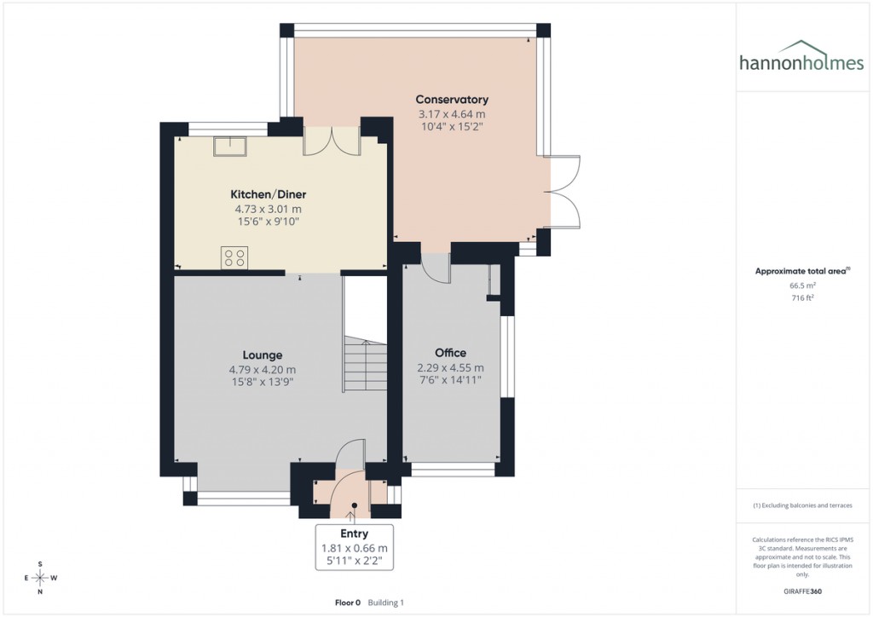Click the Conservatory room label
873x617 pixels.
pyautogui.click(x=452, y=100)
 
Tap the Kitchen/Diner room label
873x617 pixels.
pyautogui.click(x=269, y=194)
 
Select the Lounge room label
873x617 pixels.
pyautogui.click(x=262, y=355)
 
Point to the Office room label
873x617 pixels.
pyautogui.click(x=450, y=353)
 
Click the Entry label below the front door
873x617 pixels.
pyautogui.click(x=354, y=534)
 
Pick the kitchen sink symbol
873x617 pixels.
pyautogui.click(x=229, y=147)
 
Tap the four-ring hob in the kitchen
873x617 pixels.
pyautogui.click(x=234, y=257)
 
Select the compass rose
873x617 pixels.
pyautogui.click(x=40, y=578)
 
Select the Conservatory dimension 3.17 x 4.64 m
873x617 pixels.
pyautogui.click(x=452, y=114)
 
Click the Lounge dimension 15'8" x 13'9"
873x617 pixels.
pyautogui.click(x=262, y=383)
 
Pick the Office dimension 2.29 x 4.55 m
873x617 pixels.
pyautogui.click(x=450, y=367)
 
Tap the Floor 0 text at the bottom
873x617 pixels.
pyautogui.click(x=347, y=603)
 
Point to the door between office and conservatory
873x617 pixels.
pyautogui.click(x=436, y=268)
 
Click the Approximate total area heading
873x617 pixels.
pyautogui.click(x=801, y=271)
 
